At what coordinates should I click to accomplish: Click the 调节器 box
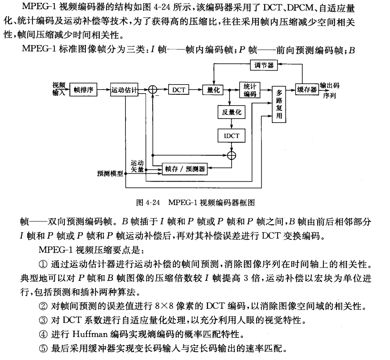click(x=264, y=65)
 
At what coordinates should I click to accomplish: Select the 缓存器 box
click(x=307, y=90)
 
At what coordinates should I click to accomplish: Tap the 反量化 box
click(x=229, y=113)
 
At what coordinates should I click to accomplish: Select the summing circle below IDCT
click(x=231, y=156)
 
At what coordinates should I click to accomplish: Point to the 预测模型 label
click(x=110, y=173)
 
